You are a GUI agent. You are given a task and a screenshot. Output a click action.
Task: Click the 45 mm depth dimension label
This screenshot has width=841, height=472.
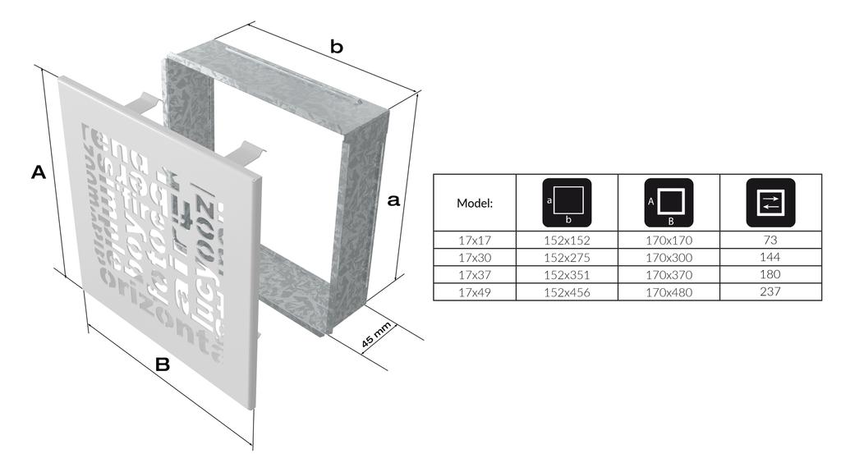pos(376,337)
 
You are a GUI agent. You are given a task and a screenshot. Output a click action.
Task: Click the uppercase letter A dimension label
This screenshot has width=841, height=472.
pos(38,172)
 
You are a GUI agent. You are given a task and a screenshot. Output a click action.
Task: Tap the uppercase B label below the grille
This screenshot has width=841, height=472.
pos(163,365)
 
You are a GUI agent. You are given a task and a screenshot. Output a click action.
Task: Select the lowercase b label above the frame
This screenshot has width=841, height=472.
pos(336,48)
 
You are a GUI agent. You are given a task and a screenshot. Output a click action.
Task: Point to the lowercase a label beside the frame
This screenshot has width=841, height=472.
pos(393,199)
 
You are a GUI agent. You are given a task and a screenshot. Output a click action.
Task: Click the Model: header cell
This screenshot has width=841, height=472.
pos(474,203)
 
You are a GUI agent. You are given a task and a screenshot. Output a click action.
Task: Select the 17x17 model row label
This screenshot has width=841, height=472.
pos(474,241)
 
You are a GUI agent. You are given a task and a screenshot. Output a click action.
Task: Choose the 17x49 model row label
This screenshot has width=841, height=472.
pos(474,291)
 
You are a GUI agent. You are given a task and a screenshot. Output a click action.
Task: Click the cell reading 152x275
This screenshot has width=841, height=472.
pos(567,258)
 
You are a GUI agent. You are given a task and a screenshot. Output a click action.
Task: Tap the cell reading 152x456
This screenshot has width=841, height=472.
pos(567,291)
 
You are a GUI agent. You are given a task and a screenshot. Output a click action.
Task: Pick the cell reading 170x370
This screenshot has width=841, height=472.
pos(669,275)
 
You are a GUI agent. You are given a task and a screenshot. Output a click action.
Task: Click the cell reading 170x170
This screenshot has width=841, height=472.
pos(669,241)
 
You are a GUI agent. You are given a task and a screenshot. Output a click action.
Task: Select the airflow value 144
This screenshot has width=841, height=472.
pos(770,258)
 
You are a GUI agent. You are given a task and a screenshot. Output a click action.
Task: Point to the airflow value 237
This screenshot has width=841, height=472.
pos(770,291)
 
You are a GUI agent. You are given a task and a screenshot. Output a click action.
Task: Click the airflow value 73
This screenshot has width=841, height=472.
pos(770,241)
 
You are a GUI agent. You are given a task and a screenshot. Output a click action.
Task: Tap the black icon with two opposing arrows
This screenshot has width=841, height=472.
pos(770,202)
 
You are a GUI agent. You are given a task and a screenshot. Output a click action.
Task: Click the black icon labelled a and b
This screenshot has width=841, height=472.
pos(567,202)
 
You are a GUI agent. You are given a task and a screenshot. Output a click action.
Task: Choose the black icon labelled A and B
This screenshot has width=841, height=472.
pos(669,202)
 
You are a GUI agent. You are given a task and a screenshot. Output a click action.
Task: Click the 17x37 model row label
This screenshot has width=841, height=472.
pos(474,275)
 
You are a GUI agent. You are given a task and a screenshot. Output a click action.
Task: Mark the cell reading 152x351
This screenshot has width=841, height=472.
pos(567,275)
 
